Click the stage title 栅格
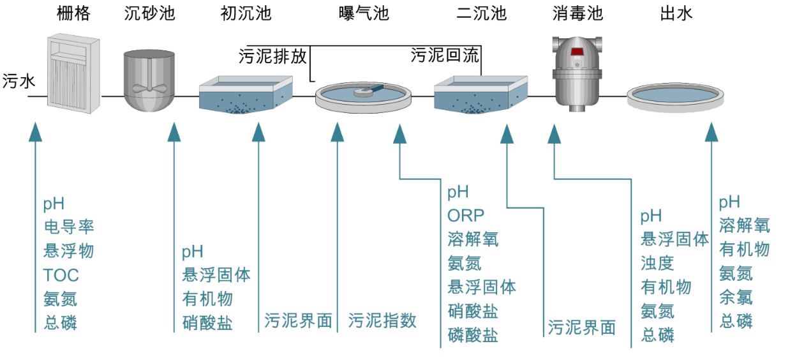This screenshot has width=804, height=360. [x=73, y=13]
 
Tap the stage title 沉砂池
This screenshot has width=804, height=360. [x=149, y=13]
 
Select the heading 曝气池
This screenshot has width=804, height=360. [x=362, y=13]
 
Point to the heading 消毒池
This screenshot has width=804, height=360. [x=577, y=13]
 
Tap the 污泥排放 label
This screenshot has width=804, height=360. [x=272, y=57]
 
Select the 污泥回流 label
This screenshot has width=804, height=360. [x=445, y=56]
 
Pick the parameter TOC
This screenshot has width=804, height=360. [x=61, y=275]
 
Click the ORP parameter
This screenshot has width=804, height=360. [x=466, y=215]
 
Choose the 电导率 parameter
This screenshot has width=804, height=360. [x=70, y=227]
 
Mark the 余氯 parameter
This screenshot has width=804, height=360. [x=736, y=297]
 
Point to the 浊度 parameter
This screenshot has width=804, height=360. [x=657, y=263]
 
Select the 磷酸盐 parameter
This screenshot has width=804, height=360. [x=473, y=335]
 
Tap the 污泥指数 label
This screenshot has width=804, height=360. [x=383, y=320]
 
